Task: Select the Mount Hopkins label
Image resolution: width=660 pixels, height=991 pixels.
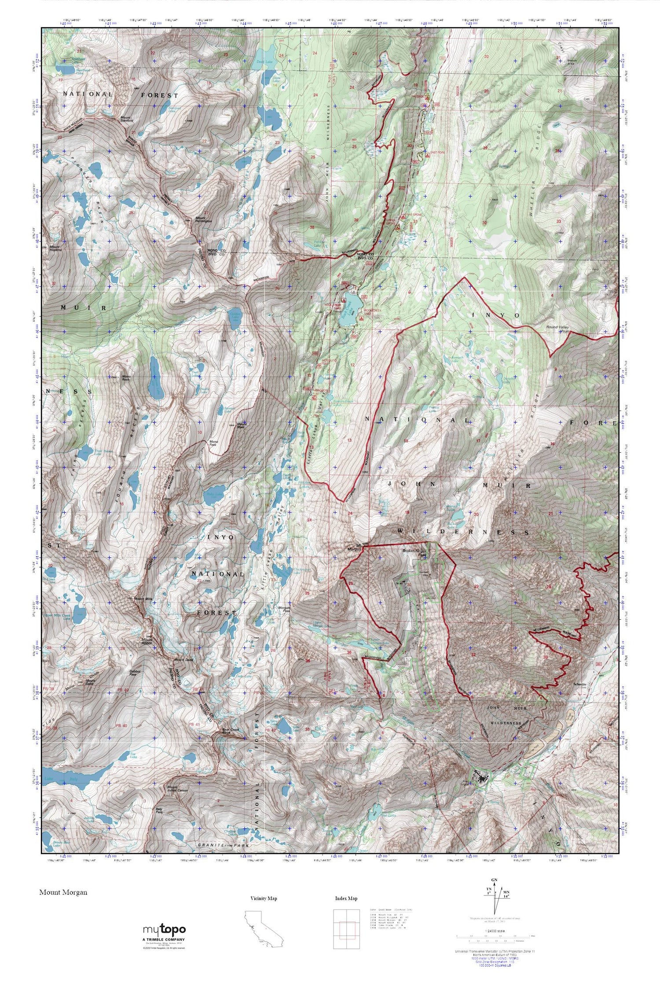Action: (55, 248)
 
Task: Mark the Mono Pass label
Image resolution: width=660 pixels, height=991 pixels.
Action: (213, 443)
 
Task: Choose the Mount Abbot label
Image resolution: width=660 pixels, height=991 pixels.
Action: (147, 642)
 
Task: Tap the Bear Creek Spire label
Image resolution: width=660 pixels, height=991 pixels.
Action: (231, 731)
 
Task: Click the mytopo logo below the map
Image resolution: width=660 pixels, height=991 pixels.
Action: (164, 931)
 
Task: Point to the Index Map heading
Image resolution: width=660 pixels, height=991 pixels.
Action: (345, 899)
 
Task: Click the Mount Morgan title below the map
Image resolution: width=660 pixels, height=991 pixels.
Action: (63, 892)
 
